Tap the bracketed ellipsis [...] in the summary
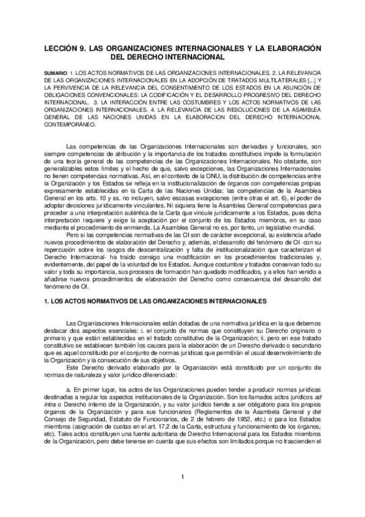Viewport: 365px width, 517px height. point(310,80)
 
